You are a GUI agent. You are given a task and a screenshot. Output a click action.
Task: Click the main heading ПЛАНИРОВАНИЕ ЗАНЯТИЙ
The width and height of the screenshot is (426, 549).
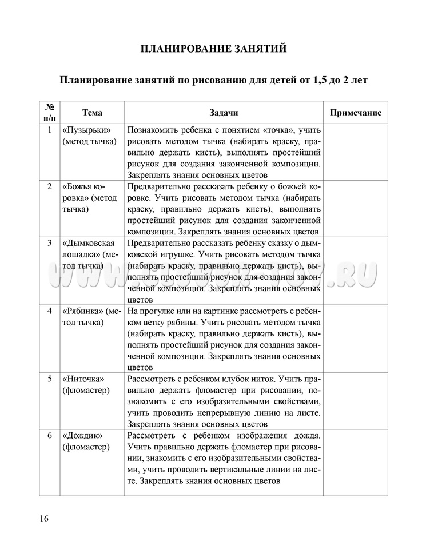[213, 49]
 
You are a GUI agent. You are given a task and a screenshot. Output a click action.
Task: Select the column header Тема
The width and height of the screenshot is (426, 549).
[92, 113]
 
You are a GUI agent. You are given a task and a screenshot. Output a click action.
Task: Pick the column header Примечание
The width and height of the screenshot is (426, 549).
[356, 113]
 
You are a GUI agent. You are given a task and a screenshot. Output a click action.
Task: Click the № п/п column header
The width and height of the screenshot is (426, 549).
[50, 112]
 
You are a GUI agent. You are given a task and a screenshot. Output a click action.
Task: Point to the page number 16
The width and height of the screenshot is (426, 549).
[44, 519]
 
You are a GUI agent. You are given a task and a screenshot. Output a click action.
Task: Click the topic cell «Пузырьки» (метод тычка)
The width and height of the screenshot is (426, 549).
[89, 135]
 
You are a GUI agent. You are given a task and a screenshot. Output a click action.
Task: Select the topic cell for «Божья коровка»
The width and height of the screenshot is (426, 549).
[90, 197]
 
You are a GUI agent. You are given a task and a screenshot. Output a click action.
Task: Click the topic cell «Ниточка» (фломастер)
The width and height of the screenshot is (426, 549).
[86, 384]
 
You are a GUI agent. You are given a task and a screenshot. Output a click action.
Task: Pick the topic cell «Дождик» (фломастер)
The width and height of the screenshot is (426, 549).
[86, 441]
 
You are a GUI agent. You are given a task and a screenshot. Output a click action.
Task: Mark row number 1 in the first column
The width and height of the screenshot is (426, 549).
[50, 129]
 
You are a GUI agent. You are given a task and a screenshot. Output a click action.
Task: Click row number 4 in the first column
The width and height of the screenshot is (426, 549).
[50, 311]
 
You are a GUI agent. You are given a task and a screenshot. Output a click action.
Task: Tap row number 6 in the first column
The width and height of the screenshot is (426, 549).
[50, 436]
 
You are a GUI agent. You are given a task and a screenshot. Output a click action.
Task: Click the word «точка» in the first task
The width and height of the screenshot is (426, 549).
[273, 130]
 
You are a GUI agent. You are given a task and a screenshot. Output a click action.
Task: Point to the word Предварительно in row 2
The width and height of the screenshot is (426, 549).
[156, 186]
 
